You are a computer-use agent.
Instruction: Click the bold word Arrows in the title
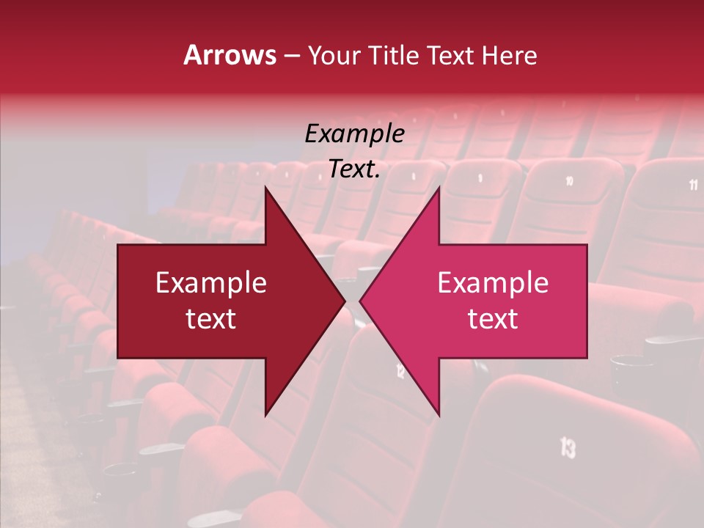[x=230, y=55]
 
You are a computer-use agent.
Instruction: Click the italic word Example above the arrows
[x=354, y=133]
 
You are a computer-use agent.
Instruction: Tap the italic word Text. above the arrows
[x=354, y=169]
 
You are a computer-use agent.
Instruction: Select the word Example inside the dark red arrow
[x=211, y=282]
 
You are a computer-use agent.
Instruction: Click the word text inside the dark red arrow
[x=211, y=318]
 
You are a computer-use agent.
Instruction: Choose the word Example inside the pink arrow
[x=493, y=282]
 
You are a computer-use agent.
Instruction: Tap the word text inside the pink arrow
[x=493, y=318]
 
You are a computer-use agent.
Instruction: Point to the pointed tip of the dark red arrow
[x=345, y=301]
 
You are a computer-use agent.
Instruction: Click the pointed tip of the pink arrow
[x=360, y=301]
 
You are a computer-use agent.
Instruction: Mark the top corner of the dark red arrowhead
[x=265, y=187]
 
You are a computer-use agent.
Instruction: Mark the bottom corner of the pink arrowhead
[x=439, y=416]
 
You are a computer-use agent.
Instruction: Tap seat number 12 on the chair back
[x=400, y=371]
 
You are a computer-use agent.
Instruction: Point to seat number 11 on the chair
[x=693, y=185]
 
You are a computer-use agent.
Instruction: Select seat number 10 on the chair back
[x=569, y=180]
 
